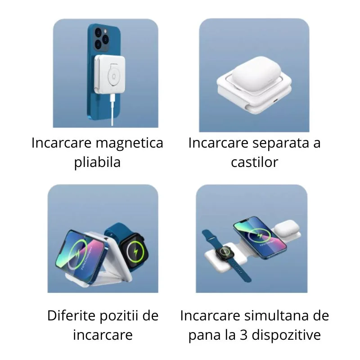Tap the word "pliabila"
(x=97, y=162)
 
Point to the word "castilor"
(x=254, y=162)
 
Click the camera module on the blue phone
(x=99, y=38)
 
